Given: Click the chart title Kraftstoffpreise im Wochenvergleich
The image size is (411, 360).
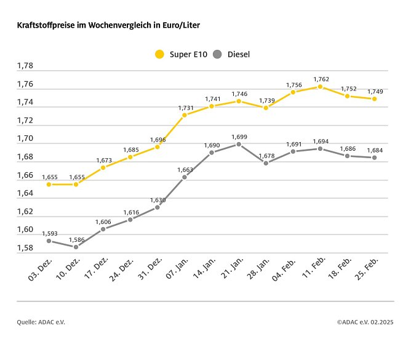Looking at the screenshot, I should pos(108,26).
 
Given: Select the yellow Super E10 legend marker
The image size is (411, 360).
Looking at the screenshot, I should pos(159,54).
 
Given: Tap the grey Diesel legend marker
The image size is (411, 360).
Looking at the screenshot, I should pos(217,54).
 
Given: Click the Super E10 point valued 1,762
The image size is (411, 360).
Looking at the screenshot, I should pos(320,87).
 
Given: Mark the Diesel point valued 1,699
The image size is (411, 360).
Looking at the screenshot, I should pos(239,144).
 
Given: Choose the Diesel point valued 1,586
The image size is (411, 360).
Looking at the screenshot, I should pos(76,247).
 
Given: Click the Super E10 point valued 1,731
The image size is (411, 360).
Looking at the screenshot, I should pos(185,115).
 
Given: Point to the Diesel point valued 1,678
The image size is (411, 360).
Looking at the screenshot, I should pos(266,163).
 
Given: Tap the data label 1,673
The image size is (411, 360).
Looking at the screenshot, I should pos(103,160).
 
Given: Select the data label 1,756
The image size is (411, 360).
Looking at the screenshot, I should pos(293,85).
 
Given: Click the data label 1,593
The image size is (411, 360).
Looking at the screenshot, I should pos(49,233).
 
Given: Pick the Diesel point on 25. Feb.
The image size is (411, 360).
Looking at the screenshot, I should pos(374,158).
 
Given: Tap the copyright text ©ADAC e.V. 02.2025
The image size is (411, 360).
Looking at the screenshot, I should pos(365,322).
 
